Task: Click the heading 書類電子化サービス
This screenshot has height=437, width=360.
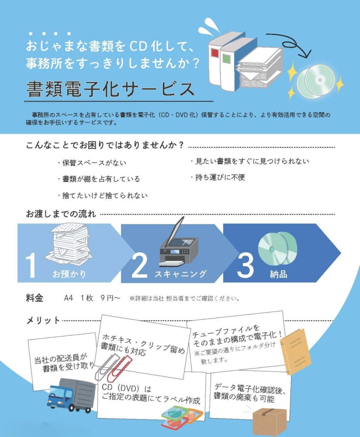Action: pyautogui.click(x=111, y=89)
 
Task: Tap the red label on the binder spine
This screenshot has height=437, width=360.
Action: pyautogui.click(x=215, y=53)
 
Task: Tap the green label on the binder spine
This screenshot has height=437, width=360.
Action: pyautogui.click(x=226, y=58)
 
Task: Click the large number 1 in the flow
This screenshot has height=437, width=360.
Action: pyautogui.click(x=31, y=265)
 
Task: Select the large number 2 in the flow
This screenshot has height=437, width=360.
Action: pyautogui.click(x=139, y=265)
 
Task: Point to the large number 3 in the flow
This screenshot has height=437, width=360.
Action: pyautogui.click(x=245, y=266)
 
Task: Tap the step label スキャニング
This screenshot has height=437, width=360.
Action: pyautogui.click(x=180, y=274)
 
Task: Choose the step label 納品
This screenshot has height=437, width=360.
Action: pyautogui.click(x=278, y=274)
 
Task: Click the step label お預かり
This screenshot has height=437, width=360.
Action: pyautogui.click(x=69, y=274)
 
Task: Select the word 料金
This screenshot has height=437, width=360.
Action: pyautogui.click(x=35, y=298)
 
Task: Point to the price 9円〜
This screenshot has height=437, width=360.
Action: pyautogui.click(x=111, y=298)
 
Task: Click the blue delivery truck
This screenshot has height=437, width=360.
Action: pyautogui.click(x=71, y=396)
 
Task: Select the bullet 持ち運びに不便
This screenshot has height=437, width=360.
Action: pyautogui.click(x=218, y=177)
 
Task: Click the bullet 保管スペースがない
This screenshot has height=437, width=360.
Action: pyautogui.click(x=92, y=163)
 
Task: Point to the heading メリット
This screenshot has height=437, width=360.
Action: pyautogui.click(x=43, y=320)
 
